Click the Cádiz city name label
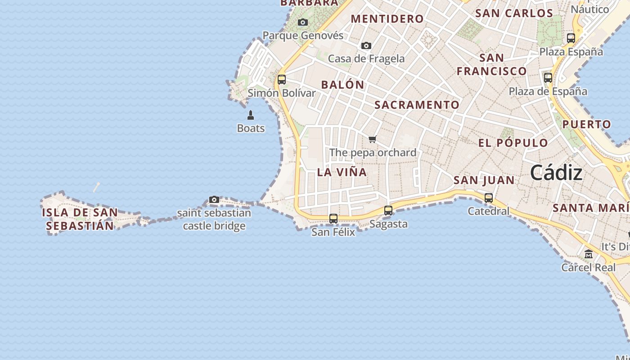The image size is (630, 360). [556, 173]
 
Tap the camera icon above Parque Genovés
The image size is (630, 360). [303, 22]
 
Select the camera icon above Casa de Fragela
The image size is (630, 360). [366, 45]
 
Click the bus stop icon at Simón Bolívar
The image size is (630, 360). [282, 80]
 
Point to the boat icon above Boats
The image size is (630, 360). [251, 115]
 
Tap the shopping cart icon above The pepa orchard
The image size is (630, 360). [372, 139]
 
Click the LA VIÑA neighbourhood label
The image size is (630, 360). [342, 172]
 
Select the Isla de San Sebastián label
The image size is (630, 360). [80, 219]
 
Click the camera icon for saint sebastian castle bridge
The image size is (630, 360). [214, 199]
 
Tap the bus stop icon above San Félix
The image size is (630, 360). [333, 219]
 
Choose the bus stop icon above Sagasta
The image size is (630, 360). [388, 210]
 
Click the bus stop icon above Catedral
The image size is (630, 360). [489, 198]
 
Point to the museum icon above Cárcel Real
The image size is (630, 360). [589, 254]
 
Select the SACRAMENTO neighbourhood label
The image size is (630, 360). [417, 105]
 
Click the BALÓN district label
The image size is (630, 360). [342, 85]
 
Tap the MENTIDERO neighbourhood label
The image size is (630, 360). [387, 19]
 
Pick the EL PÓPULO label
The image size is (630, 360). [513, 143]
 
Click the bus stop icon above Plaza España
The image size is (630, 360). [571, 38]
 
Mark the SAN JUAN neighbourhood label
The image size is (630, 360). [484, 180]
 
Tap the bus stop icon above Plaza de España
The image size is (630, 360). [548, 78]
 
